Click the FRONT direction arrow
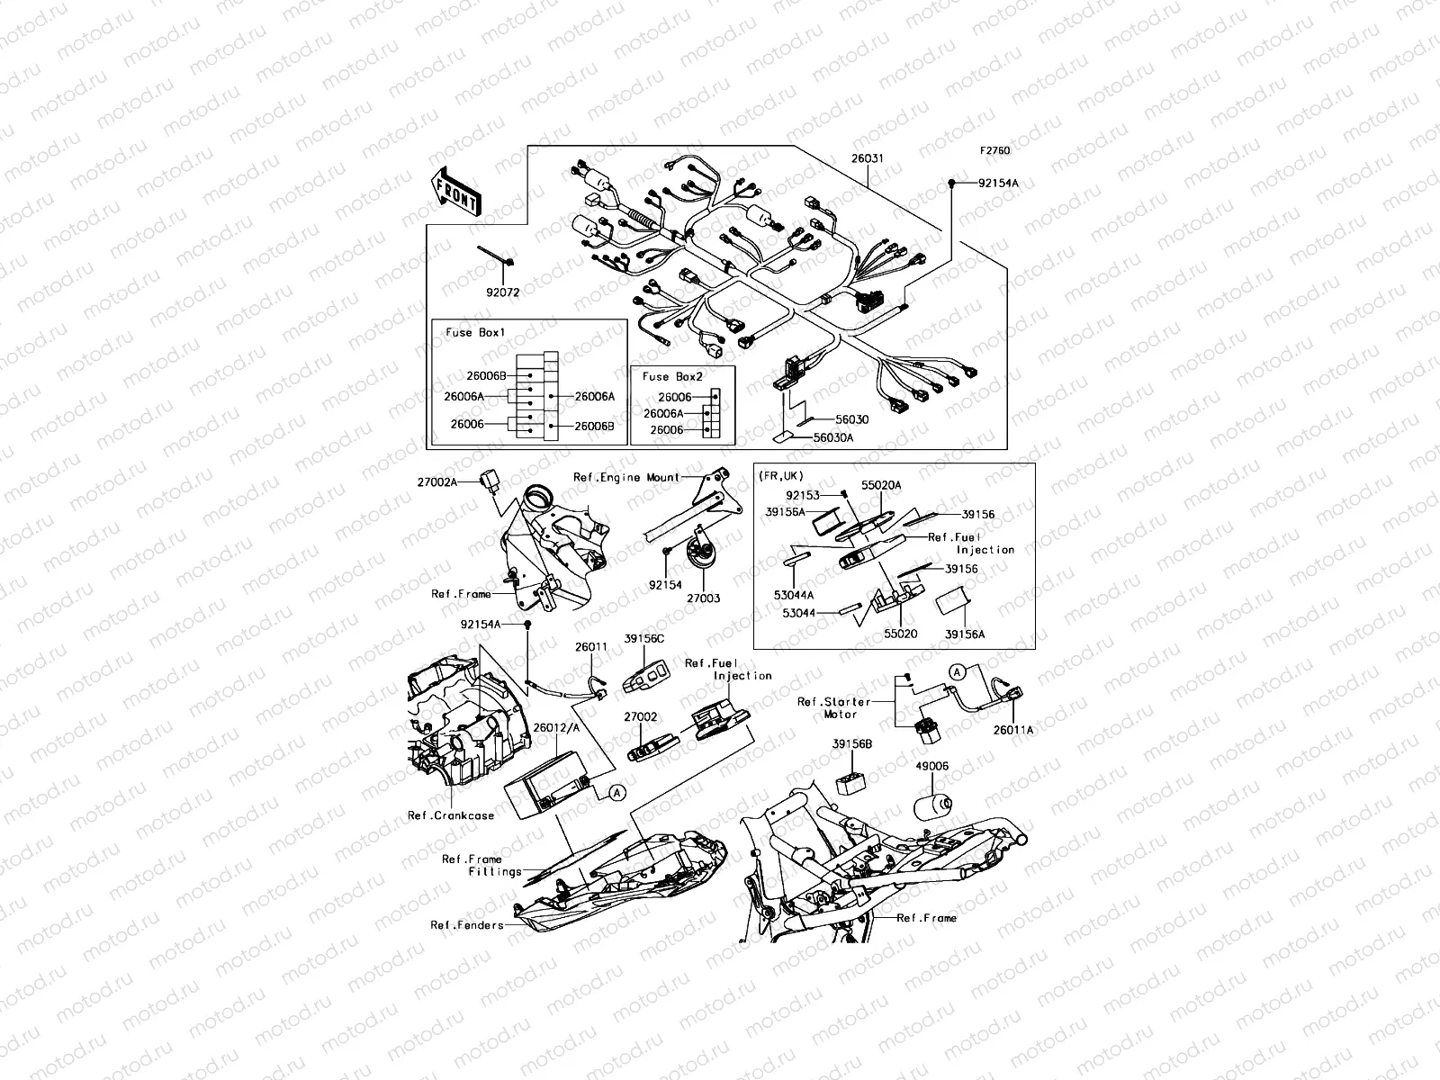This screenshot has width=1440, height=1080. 457,192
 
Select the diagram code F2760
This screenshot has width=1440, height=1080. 995,151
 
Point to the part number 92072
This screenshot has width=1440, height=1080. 503,292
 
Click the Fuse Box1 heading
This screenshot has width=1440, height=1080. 476,332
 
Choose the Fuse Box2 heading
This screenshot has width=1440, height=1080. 672,377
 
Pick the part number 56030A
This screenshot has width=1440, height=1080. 833,437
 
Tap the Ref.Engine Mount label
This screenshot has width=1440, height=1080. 626,477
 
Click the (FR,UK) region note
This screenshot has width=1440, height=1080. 782,475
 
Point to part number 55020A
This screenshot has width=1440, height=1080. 880,485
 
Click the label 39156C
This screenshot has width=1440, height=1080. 644,639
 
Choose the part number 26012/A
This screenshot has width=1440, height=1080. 555,726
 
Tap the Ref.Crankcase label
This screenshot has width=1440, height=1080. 451,815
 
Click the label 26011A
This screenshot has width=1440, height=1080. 1013,730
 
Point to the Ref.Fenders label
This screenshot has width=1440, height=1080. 467,925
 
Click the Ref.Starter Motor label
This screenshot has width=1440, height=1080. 833,707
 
